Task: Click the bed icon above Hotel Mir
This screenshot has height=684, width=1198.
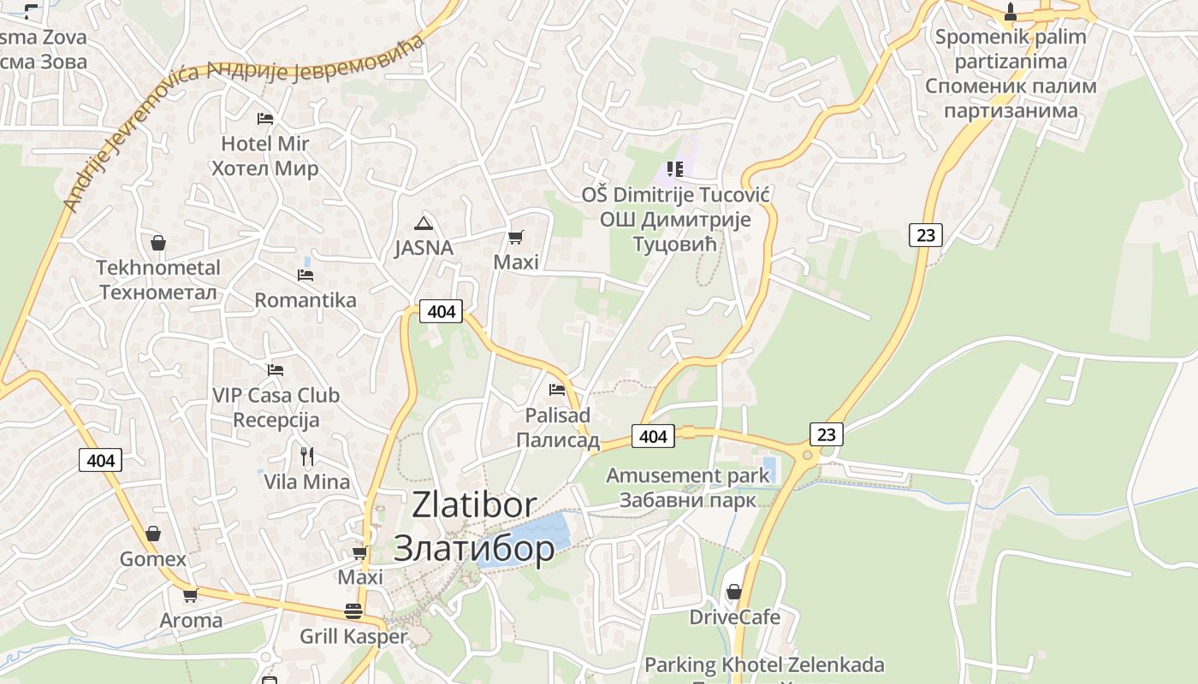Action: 265,118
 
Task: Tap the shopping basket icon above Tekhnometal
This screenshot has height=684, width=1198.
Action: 157,243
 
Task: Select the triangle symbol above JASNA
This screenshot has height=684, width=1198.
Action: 423,224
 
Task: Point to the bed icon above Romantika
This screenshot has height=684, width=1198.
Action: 305,274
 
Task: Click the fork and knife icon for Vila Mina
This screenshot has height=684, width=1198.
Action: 307,456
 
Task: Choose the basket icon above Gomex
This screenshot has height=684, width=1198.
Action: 152,534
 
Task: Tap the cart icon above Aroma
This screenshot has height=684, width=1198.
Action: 190,595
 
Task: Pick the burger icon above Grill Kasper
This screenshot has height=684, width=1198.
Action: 353,611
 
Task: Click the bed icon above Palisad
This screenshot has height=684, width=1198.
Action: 557,390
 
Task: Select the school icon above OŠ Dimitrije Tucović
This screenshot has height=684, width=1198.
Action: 675,169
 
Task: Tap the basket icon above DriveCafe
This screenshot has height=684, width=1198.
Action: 733,592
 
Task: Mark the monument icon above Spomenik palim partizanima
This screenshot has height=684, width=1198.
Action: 1011,11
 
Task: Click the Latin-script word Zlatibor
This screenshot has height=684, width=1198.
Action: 474,505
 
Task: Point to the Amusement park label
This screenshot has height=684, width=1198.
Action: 688,475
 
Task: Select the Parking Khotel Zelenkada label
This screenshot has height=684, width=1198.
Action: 764,664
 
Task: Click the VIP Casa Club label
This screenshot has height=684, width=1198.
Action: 276,395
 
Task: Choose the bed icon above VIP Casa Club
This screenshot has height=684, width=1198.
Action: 275,369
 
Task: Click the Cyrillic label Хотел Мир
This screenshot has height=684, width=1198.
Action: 264,168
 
